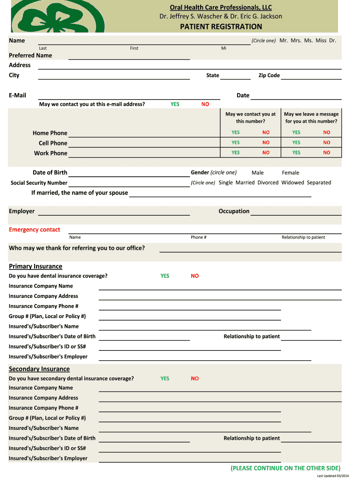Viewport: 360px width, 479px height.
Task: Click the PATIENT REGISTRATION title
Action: point(221,27)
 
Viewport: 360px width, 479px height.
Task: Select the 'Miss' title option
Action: point(321,41)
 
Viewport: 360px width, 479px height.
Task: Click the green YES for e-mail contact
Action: point(175,104)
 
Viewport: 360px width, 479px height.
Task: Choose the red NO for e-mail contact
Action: point(205,104)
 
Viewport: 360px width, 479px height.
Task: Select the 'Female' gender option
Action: point(290,173)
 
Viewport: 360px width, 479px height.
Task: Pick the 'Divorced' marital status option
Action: point(268,182)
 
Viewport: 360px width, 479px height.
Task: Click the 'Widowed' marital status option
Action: point(293,182)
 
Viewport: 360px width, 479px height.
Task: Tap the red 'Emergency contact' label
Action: point(35,230)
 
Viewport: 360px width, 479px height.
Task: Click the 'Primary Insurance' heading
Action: point(36,266)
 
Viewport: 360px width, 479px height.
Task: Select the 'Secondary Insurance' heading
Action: point(39,369)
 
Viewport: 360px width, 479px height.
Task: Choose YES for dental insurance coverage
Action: point(165,276)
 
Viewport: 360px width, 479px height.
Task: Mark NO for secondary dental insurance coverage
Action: point(195,378)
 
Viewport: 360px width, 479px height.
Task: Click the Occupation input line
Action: point(296,214)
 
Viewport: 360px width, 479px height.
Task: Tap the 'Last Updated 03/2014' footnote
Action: point(333,476)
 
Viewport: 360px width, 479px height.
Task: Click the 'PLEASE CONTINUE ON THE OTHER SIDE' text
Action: point(286,468)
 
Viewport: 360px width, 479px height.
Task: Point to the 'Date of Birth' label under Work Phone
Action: point(50,173)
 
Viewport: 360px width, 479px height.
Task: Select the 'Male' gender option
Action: point(258,173)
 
